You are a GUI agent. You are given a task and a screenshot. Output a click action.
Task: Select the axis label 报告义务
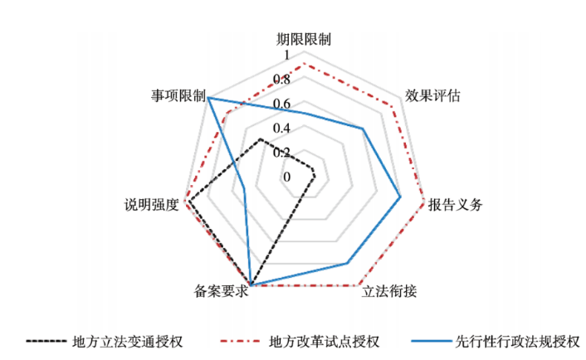pos(454,205)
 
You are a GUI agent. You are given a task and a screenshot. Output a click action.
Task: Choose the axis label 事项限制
pos(178,95)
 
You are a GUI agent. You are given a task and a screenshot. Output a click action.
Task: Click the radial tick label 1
pos(287,57)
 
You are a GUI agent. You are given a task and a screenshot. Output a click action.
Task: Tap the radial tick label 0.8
pos(282,80)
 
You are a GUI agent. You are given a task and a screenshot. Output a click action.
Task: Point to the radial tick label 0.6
pos(282,105)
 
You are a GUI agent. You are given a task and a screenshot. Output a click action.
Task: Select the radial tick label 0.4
pos(282,129)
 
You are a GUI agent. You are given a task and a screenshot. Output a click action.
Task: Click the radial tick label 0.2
pos(282,153)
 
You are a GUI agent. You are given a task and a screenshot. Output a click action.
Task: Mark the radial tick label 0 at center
pos(287,177)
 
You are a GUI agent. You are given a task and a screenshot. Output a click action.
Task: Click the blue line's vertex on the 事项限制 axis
pos(208,98)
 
